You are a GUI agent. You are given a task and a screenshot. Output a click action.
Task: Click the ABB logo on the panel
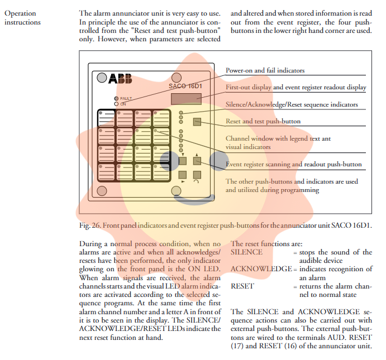(120, 79)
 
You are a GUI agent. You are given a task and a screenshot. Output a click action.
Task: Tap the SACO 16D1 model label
(185, 86)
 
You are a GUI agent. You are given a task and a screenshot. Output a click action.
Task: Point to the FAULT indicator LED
(116, 98)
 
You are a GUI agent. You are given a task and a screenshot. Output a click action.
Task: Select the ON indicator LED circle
(116, 104)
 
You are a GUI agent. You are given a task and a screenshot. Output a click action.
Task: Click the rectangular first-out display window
(186, 99)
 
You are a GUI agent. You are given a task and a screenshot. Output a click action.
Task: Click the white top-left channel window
(106, 118)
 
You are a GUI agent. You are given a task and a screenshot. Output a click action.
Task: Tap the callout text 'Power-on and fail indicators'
(265, 70)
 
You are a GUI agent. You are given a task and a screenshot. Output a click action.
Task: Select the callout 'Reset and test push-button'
(263, 121)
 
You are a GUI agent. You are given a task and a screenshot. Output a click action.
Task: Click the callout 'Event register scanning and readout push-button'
(294, 164)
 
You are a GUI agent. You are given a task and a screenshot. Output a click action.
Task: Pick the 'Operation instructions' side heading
(22, 17)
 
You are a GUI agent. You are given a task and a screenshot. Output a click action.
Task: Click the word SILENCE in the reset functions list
(246, 252)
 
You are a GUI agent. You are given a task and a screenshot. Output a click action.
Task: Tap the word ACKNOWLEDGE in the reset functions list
(261, 269)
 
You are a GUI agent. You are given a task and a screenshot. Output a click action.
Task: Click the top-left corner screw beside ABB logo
(102, 78)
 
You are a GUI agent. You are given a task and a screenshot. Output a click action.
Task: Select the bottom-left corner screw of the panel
(102, 191)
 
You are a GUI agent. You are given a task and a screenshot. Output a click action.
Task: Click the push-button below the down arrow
(183, 161)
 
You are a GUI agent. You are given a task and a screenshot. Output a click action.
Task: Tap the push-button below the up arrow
(197, 161)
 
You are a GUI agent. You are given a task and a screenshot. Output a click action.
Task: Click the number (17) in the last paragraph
(237, 346)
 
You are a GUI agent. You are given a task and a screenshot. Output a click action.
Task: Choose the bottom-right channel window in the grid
(161, 172)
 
